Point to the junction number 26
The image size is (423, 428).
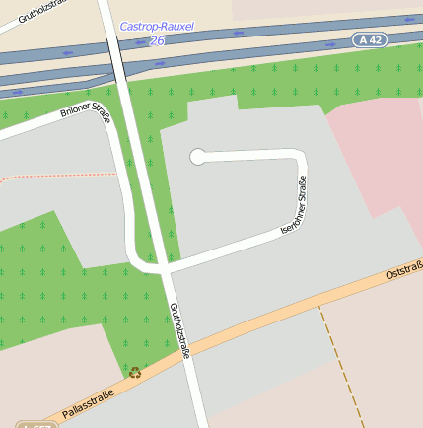click(158, 40)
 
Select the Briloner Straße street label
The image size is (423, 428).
click(86, 116)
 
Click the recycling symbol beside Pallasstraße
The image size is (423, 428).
click(135, 372)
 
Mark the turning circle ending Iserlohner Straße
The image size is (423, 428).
click(197, 156)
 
